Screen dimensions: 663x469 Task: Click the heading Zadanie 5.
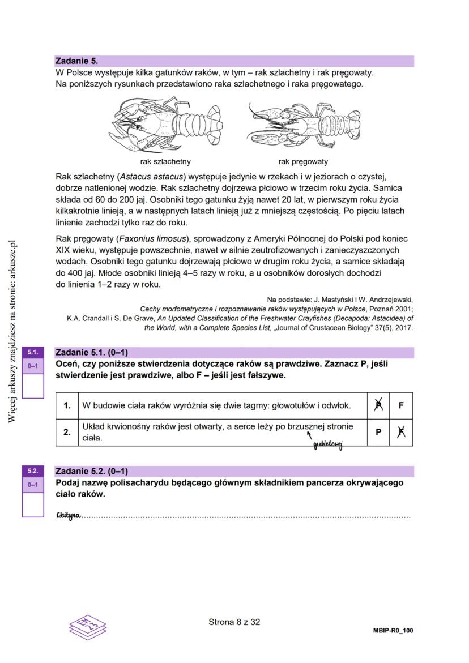pos(76,61)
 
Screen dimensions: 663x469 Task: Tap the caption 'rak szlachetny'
pos(165,161)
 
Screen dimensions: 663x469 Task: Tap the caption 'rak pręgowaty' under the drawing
pos(303,161)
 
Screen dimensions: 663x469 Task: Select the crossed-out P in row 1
pos(378,405)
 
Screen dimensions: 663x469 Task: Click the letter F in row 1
pos(401,405)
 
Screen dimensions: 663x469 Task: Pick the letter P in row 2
pos(378,432)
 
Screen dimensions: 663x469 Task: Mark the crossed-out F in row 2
pos(401,432)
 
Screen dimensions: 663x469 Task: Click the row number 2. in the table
pos(67,432)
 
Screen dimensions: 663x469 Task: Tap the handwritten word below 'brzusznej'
pos(328,446)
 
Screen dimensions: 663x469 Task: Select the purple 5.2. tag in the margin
pos(32,470)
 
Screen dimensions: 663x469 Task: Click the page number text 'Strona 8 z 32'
pos(234,622)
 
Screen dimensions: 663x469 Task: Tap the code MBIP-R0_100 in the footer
pos(393,630)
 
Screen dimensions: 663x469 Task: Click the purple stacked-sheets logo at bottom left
pos(87,625)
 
